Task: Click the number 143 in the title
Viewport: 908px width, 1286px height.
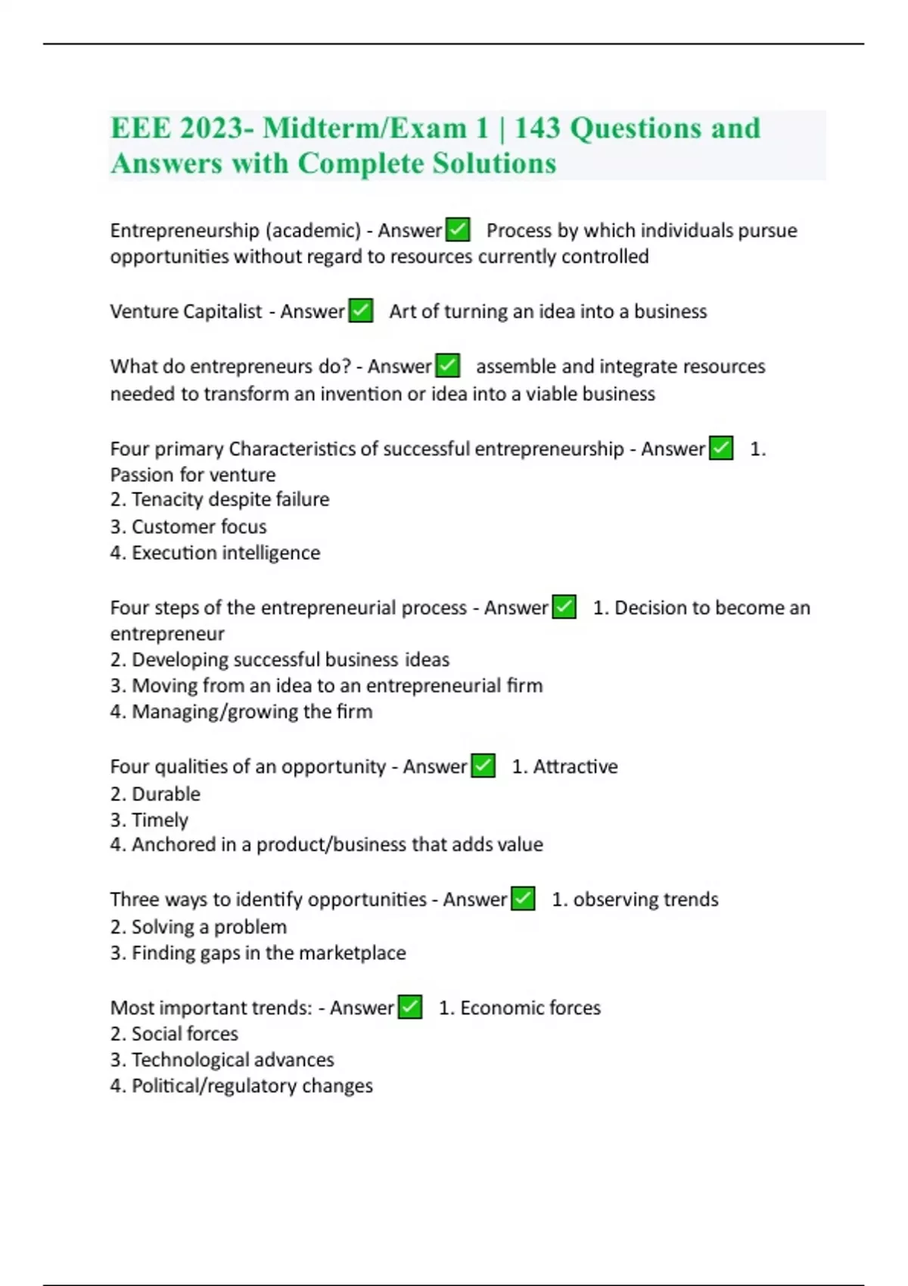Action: point(536,128)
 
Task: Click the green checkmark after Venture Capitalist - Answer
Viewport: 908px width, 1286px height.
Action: point(361,311)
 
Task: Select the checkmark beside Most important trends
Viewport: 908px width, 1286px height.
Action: point(410,1007)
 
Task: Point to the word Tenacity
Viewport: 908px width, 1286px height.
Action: point(166,499)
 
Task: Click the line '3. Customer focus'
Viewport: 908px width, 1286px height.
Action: point(188,526)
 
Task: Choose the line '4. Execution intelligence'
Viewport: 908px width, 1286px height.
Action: point(215,552)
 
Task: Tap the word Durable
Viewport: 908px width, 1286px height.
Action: point(166,794)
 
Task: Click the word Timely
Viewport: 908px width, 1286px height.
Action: point(160,820)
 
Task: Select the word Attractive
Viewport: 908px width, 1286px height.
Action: point(575,766)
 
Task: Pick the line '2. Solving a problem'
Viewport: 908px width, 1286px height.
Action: point(198,927)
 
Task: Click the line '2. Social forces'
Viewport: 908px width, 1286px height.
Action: point(174,1033)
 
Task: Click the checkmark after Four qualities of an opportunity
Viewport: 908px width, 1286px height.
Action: point(483,766)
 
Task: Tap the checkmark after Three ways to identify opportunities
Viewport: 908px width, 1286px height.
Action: point(523,899)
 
